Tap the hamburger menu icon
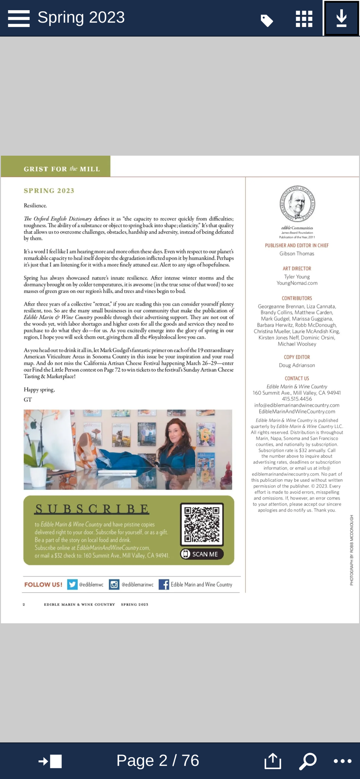[19, 18]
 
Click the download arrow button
[341, 18]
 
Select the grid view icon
[304, 19]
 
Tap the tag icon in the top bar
[266, 20]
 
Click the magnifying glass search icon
[307, 761]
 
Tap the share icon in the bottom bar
[273, 761]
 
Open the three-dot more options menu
[342, 761]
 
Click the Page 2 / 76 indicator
[158, 760]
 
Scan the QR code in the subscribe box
[202, 524]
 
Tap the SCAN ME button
[202, 554]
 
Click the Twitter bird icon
[72, 584]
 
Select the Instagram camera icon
[114, 584]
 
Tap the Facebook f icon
[164, 584]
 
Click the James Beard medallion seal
[297, 204]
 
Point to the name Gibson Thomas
[297, 254]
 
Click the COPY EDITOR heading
[297, 357]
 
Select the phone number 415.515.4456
[297, 399]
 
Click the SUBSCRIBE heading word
[92, 509]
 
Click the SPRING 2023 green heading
[49, 190]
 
